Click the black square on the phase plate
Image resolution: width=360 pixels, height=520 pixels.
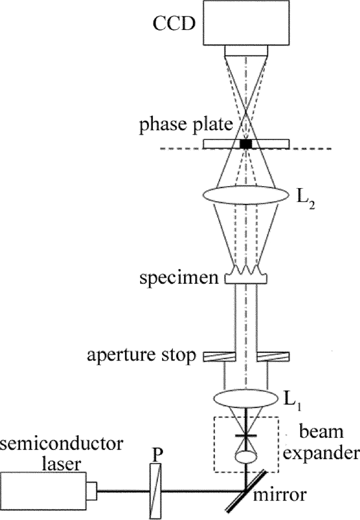tap(246, 144)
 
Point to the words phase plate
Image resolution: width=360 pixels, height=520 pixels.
tap(185, 125)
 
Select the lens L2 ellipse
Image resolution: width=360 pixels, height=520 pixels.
tap(246, 196)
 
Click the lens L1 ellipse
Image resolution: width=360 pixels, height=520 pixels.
tap(246, 400)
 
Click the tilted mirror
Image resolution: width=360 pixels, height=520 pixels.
tap(246, 492)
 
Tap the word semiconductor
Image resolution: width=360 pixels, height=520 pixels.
tap(62, 444)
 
